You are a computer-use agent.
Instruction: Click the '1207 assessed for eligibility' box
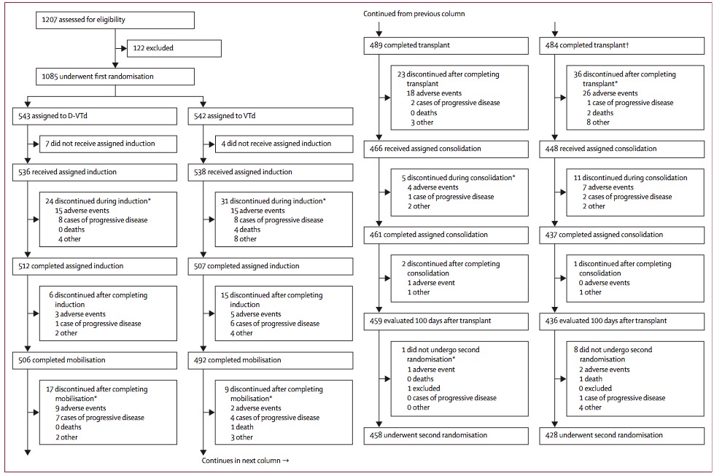click(115, 20)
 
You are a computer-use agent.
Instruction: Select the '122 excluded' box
click(174, 48)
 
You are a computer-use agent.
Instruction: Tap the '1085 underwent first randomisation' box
click(115, 77)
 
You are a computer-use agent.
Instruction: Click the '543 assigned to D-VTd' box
click(95, 116)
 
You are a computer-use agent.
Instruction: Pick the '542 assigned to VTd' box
click(271, 116)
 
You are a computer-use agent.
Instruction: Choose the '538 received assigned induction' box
click(271, 172)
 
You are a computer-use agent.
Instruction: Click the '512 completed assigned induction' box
click(95, 266)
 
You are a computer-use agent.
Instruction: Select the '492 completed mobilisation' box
click(271, 360)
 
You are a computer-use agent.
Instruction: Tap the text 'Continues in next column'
click(241, 461)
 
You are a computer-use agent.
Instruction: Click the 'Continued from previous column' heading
click(414, 14)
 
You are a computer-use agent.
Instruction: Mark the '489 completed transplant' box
click(446, 45)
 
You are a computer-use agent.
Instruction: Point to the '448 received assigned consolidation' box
click(622, 149)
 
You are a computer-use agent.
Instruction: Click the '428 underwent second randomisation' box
click(622, 435)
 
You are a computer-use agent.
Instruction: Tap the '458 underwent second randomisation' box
click(446, 435)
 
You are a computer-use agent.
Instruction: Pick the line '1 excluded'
click(424, 389)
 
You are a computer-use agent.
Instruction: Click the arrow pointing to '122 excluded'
click(122, 48)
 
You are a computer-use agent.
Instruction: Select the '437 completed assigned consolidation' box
click(622, 235)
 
